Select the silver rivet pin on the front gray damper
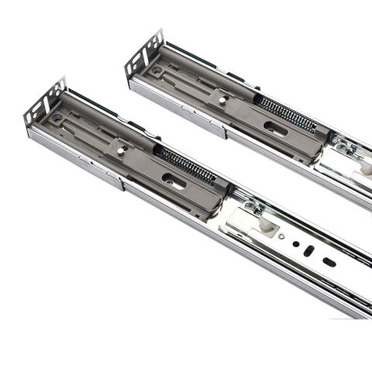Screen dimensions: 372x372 tap(119, 150)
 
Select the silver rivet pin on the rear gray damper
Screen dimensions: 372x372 tap(222, 100)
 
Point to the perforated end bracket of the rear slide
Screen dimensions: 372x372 tap(143, 53)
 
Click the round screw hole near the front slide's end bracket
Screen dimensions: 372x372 tap(57, 119)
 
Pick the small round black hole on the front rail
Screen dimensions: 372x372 tap(295, 243)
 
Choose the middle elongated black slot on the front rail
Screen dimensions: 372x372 tap(309, 252)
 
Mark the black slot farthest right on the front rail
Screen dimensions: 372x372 tap(329, 263)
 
